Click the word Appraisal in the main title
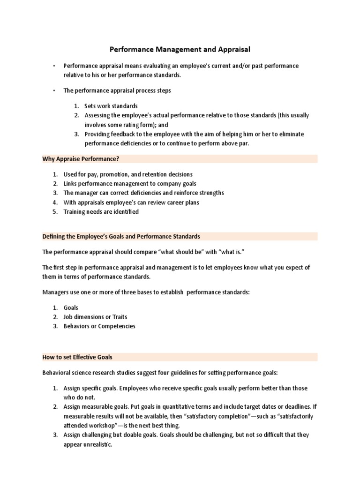(232, 48)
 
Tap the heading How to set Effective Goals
(77, 357)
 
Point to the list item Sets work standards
(111, 106)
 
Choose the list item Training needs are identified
(101, 211)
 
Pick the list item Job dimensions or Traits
(95, 317)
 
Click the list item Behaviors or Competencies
(99, 326)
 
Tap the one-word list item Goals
(71, 307)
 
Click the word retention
(149, 174)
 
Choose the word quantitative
(161, 407)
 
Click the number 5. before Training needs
(55, 211)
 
